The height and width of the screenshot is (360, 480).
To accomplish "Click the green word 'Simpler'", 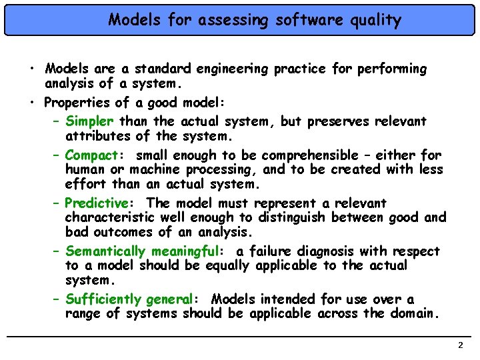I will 91,121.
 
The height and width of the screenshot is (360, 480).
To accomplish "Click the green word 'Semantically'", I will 106,251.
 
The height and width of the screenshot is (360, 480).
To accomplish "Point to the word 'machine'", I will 159,169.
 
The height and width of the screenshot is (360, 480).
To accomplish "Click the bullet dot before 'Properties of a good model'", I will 32,102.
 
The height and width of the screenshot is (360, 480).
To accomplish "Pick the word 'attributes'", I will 98,136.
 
